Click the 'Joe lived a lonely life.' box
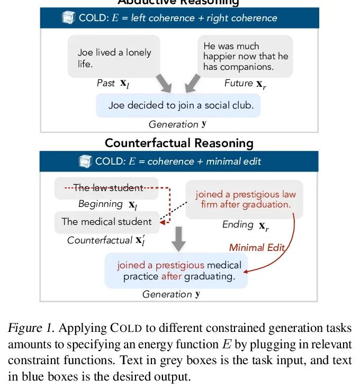tap(114, 57)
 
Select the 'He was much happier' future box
tap(245, 57)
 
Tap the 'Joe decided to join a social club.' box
tap(181, 105)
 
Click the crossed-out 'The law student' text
tap(108, 188)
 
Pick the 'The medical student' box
tap(106, 222)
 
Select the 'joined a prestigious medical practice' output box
tap(178, 270)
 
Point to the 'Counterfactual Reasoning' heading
tap(179, 143)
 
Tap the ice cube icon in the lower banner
tap(85, 161)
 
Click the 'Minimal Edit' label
tap(257, 247)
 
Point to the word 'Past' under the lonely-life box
tap(105, 83)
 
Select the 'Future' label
tap(238, 83)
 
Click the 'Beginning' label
tap(100, 204)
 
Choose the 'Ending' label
tap(237, 224)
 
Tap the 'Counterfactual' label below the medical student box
tap(100, 240)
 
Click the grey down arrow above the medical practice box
tap(179, 240)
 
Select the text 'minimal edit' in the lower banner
tap(233, 161)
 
